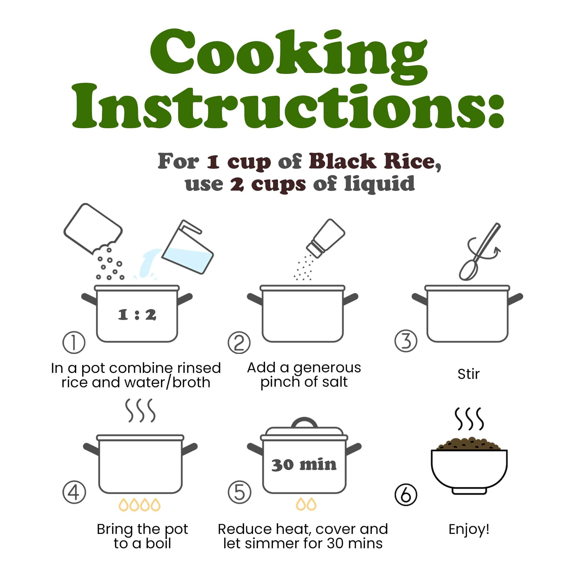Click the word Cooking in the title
pyautogui.click(x=289, y=56)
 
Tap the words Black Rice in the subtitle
pyautogui.click(x=374, y=162)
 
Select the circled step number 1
pyautogui.click(x=74, y=342)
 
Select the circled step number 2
pyautogui.click(x=239, y=342)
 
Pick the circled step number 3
pyautogui.click(x=406, y=341)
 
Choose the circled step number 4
pyautogui.click(x=74, y=493)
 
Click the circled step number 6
pyautogui.click(x=406, y=495)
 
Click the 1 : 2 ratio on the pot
pyautogui.click(x=137, y=315)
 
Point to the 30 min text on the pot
pyautogui.click(x=304, y=465)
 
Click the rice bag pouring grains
pyautogui.click(x=93, y=229)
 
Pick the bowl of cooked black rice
pyautogui.click(x=469, y=467)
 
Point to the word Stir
pyautogui.click(x=468, y=374)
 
